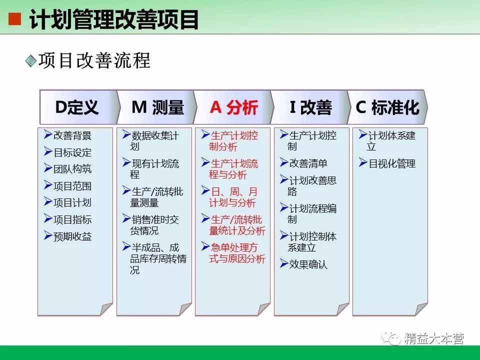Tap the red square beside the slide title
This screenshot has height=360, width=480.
click(x=15, y=19)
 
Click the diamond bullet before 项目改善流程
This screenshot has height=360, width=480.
click(x=30, y=61)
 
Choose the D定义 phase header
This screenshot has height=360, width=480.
click(x=77, y=107)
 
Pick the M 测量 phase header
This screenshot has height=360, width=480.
click(x=157, y=107)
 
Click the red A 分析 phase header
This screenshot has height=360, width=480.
click(x=234, y=107)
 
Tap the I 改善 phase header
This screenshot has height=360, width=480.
click(x=310, y=107)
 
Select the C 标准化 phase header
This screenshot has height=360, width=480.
click(x=387, y=107)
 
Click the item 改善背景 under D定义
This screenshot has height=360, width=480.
click(x=72, y=135)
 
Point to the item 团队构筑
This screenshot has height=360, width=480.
click(x=72, y=169)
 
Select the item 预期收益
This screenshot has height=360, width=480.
click(x=72, y=236)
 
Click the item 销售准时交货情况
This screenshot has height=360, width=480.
click(x=154, y=225)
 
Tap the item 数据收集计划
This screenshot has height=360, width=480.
click(x=154, y=141)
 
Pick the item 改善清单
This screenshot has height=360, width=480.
click(x=308, y=163)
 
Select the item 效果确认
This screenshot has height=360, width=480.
click(x=308, y=264)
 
